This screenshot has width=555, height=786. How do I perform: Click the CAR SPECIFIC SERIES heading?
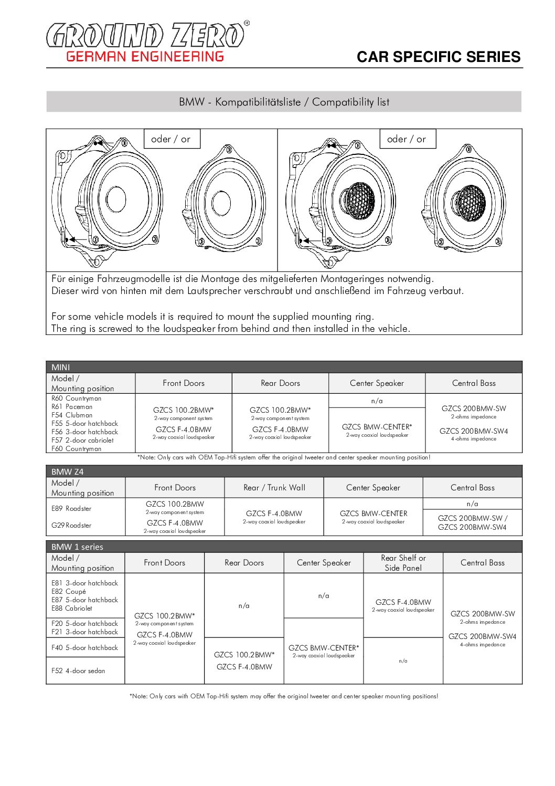coord(438,57)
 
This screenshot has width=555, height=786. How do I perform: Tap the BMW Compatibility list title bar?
coord(284,102)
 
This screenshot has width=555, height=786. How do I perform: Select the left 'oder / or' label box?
coord(171,139)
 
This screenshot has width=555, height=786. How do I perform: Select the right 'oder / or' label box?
coord(407,139)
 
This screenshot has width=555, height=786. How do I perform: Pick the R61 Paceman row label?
coord(72,407)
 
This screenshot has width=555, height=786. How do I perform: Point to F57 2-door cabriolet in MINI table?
coord(82,441)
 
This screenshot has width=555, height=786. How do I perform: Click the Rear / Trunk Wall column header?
coord(274,488)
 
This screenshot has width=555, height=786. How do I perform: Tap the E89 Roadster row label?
coord(71,509)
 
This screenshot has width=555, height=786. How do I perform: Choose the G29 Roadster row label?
coord(71,526)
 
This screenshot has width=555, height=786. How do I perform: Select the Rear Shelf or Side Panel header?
coord(403,563)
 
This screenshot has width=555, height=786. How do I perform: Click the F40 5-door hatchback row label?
coord(84,648)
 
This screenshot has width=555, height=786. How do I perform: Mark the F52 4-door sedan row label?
coord(78,671)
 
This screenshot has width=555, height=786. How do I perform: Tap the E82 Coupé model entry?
coord(69,592)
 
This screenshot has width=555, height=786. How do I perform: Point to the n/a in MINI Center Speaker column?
coord(377,401)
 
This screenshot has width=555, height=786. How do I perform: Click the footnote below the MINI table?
coord(284,458)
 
